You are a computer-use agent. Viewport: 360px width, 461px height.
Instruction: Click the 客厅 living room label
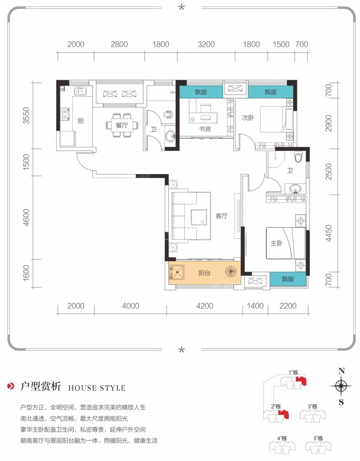point(221,216)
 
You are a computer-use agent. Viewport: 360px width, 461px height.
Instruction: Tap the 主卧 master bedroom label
point(276,243)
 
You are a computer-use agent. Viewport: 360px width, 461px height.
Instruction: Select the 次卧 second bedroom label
point(248,118)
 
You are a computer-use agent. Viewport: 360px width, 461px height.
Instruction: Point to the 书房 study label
point(205,129)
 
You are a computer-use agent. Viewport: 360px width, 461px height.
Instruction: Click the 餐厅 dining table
point(122,125)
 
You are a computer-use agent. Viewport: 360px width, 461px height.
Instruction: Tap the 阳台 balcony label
point(204,273)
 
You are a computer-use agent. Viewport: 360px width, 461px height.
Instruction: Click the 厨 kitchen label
point(80,121)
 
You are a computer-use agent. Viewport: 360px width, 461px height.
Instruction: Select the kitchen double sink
point(80,91)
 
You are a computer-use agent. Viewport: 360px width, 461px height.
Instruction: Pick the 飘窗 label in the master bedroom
point(288,279)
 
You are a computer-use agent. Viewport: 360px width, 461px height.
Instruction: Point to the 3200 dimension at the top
point(206,44)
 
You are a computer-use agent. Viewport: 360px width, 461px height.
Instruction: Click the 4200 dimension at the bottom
point(205,306)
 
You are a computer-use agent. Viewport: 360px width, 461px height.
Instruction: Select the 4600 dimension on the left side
point(26,217)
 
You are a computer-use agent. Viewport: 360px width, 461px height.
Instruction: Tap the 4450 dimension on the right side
point(328,233)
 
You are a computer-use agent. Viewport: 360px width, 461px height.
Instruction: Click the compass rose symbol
point(341,386)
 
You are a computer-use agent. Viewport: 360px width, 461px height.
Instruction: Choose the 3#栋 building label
point(312,407)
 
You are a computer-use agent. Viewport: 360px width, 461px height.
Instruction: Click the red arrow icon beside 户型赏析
point(11,386)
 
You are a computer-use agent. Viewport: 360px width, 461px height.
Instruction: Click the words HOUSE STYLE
point(97,388)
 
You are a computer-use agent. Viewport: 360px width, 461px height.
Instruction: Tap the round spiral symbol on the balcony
point(231,271)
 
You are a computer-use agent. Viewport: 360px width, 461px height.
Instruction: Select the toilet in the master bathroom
point(298,157)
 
